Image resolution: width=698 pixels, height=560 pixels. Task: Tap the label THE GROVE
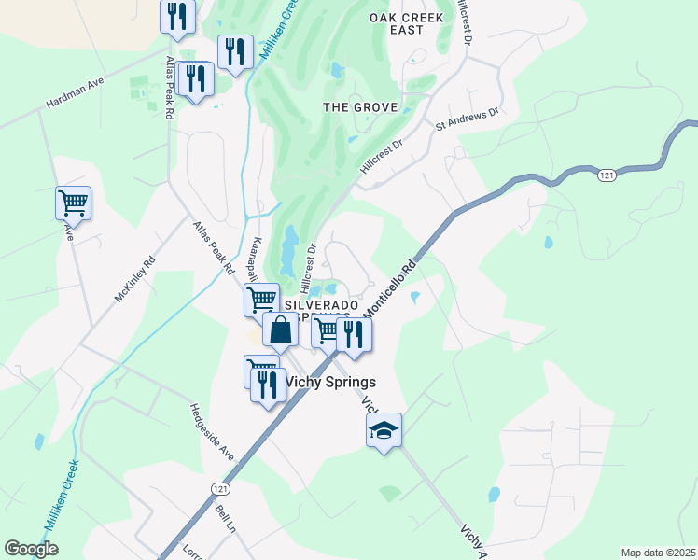[360, 107]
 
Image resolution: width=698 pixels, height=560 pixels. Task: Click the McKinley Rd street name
[133, 278]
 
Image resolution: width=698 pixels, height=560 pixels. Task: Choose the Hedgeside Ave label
[212, 432]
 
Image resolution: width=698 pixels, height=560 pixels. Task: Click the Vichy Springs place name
[330, 382]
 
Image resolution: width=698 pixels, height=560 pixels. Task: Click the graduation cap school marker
[384, 430]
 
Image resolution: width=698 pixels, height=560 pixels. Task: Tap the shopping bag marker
[281, 329]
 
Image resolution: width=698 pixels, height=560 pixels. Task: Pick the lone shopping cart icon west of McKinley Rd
[73, 202]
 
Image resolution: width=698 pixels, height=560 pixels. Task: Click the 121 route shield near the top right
[607, 175]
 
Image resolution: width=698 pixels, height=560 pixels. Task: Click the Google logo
[32, 549]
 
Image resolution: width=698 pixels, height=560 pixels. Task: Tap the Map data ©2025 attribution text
[657, 553]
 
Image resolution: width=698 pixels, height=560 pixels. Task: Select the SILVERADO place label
[321, 306]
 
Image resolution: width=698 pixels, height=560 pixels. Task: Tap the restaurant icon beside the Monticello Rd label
[354, 333]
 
